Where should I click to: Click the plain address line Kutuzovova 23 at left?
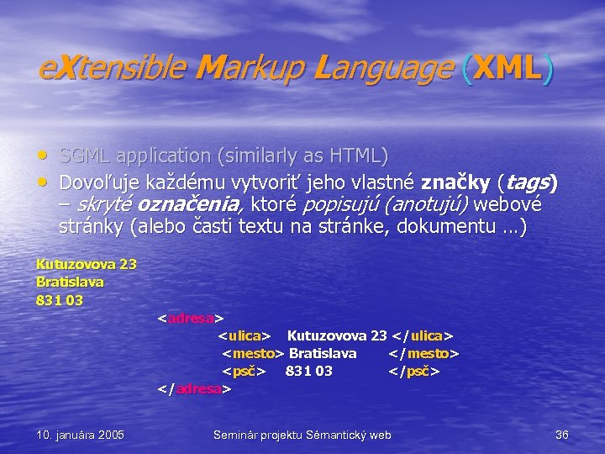86,264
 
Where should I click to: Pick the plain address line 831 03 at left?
59,299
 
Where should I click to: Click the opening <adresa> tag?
191,318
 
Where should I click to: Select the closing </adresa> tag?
194,389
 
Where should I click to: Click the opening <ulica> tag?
245,335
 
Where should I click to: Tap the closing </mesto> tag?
423,353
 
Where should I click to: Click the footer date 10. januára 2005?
81,435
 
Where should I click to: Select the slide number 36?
562,435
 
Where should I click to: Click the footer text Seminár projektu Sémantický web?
302,435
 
